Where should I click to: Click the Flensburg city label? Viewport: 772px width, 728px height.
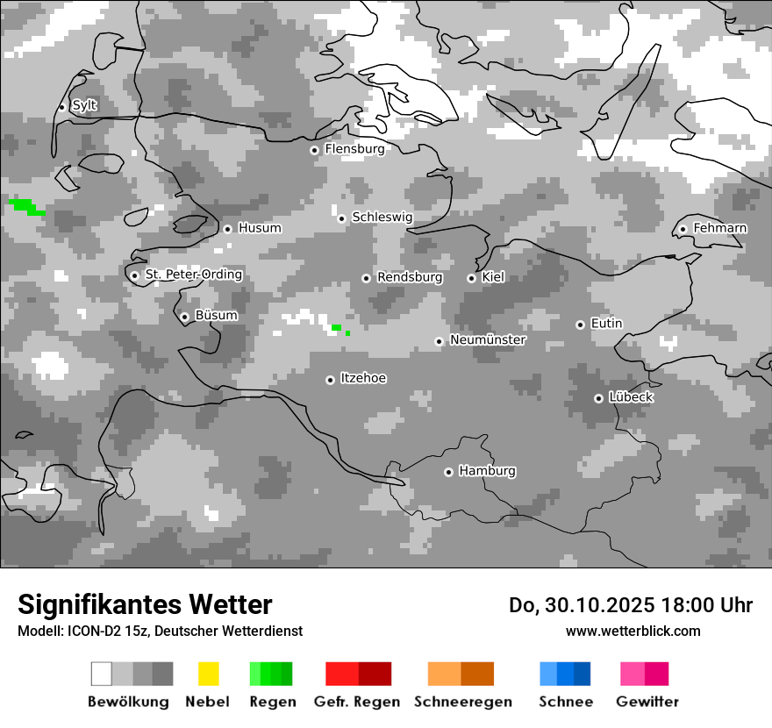coord(354,149)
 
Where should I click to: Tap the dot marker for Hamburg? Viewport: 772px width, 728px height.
coord(448,472)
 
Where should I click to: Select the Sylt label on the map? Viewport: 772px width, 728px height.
coord(84,105)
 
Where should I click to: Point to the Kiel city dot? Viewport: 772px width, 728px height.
coord(471,278)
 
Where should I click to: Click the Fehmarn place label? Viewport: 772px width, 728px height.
coord(719,228)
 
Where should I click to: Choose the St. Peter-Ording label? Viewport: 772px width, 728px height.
coord(193,275)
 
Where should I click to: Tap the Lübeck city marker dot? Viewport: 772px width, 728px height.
coord(598,398)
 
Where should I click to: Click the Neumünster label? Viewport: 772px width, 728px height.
coord(488,339)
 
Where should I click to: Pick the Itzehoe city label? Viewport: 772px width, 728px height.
coord(363,378)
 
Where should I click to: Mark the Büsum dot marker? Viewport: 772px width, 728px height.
coord(184,317)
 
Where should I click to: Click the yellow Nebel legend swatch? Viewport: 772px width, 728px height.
coord(208,674)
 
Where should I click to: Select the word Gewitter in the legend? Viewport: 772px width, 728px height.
coord(647,702)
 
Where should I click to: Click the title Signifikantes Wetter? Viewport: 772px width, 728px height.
coord(145,604)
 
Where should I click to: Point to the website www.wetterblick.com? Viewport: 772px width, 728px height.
coord(633,631)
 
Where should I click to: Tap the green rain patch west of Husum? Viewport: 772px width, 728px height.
coord(26,207)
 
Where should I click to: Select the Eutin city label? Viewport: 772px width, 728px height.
coord(606,324)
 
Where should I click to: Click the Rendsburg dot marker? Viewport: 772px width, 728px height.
coord(366,278)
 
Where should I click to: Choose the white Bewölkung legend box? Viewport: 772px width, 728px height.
coord(102,674)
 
